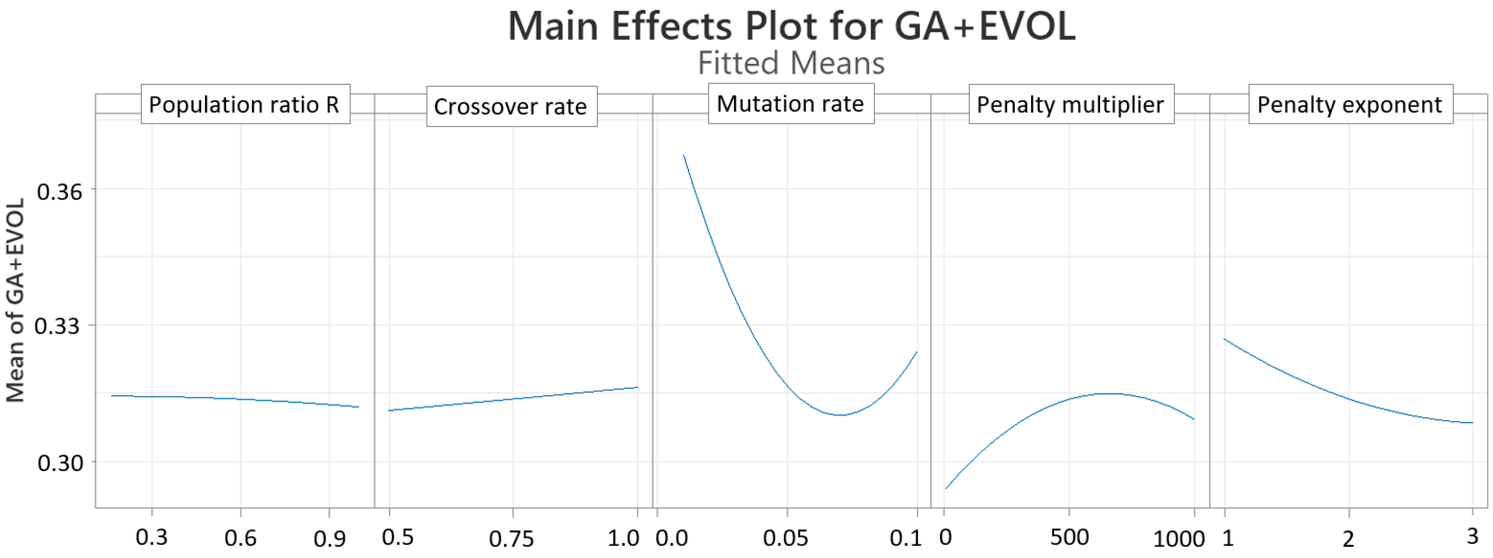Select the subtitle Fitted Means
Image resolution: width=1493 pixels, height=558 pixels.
791,62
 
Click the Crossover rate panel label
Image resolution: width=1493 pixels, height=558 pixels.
511,107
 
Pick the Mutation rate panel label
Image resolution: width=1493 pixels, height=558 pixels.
791,104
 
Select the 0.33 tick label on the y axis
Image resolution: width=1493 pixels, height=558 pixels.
57,326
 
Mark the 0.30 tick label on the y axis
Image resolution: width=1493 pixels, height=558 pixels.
60,463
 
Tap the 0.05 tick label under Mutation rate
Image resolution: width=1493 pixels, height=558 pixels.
785,538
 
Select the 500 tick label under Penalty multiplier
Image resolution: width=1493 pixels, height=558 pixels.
1069,537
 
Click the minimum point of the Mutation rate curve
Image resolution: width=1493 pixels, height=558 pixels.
840,415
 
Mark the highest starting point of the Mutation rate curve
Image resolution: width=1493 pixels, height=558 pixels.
684,155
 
